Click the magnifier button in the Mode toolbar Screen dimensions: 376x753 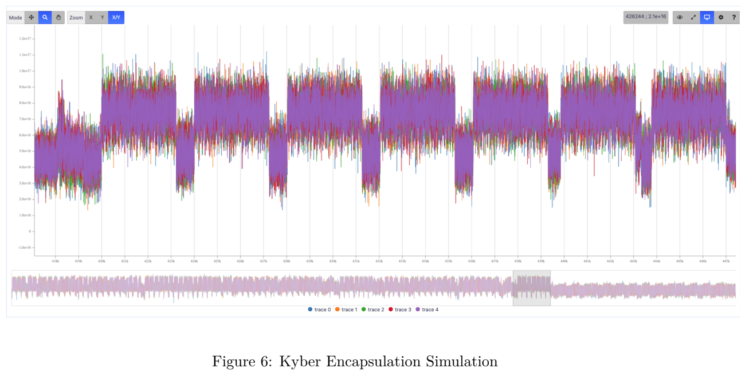(x=45, y=18)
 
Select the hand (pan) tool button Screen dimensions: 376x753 (x=58, y=18)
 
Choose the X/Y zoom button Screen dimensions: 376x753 (x=116, y=18)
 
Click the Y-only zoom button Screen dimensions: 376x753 (x=103, y=18)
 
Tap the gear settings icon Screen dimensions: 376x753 (x=721, y=17)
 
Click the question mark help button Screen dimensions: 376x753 (x=734, y=17)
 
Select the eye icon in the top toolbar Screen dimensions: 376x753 (x=680, y=17)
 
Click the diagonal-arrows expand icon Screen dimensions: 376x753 (x=693, y=17)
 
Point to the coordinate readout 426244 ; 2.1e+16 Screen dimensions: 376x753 (x=646, y=17)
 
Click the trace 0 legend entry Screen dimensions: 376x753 (x=319, y=310)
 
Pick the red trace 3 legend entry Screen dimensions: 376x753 (x=400, y=310)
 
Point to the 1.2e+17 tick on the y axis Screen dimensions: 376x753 (x=25, y=38)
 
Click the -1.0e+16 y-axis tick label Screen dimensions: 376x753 (x=25, y=248)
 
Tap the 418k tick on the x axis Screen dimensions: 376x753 (x=55, y=261)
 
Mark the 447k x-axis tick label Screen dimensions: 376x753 (x=725, y=261)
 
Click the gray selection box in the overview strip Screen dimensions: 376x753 (x=531, y=288)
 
